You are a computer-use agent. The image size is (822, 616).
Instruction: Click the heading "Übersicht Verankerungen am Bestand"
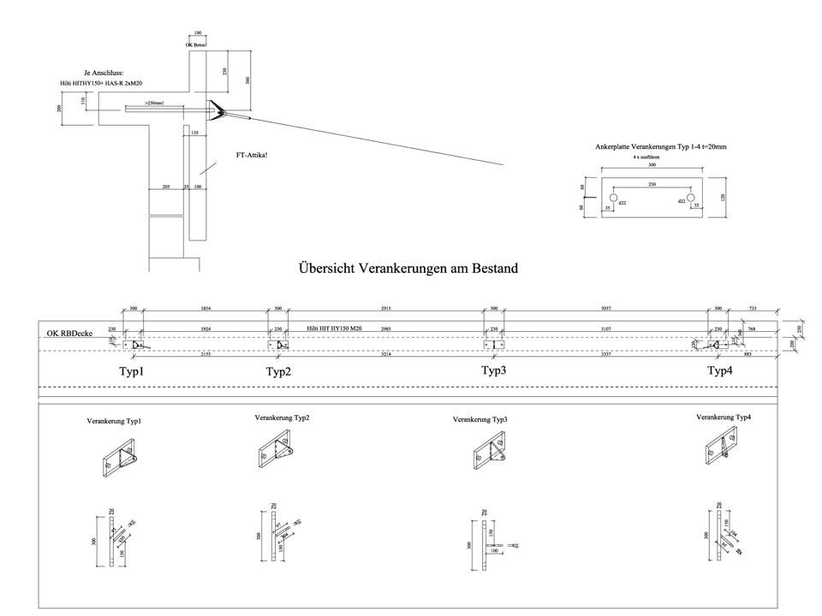408,269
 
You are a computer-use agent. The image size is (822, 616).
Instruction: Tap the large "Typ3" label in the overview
495,370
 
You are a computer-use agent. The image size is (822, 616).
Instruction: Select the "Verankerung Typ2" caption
282,418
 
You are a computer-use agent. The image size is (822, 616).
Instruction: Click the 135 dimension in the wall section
194,133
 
